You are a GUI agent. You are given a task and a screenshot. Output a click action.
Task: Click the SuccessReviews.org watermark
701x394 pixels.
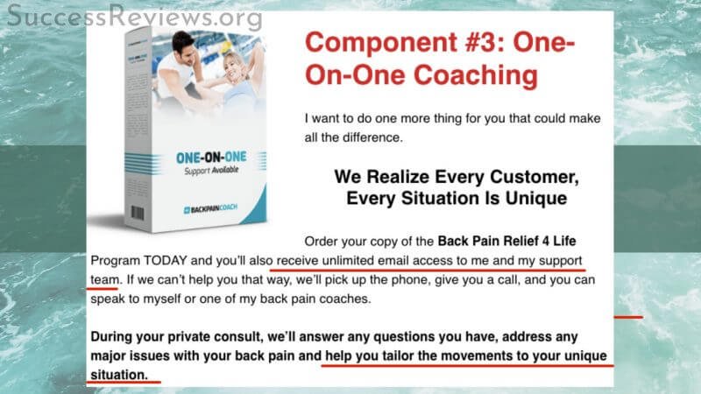[134, 17]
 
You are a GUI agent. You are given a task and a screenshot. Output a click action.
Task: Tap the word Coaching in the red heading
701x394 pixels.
[476, 75]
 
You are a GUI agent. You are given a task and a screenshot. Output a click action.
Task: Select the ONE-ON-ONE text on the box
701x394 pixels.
[211, 158]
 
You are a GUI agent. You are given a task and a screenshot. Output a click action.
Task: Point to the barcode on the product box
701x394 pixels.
[138, 213]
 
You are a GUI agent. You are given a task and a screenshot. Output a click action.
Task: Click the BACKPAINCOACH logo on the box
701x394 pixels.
[210, 209]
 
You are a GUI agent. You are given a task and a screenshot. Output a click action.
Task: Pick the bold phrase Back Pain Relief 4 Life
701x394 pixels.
[507, 242]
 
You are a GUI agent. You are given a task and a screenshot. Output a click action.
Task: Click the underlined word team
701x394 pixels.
[105, 280]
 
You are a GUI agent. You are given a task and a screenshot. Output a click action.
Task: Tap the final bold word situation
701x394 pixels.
[119, 375]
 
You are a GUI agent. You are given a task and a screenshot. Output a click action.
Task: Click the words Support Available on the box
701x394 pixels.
[211, 171]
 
